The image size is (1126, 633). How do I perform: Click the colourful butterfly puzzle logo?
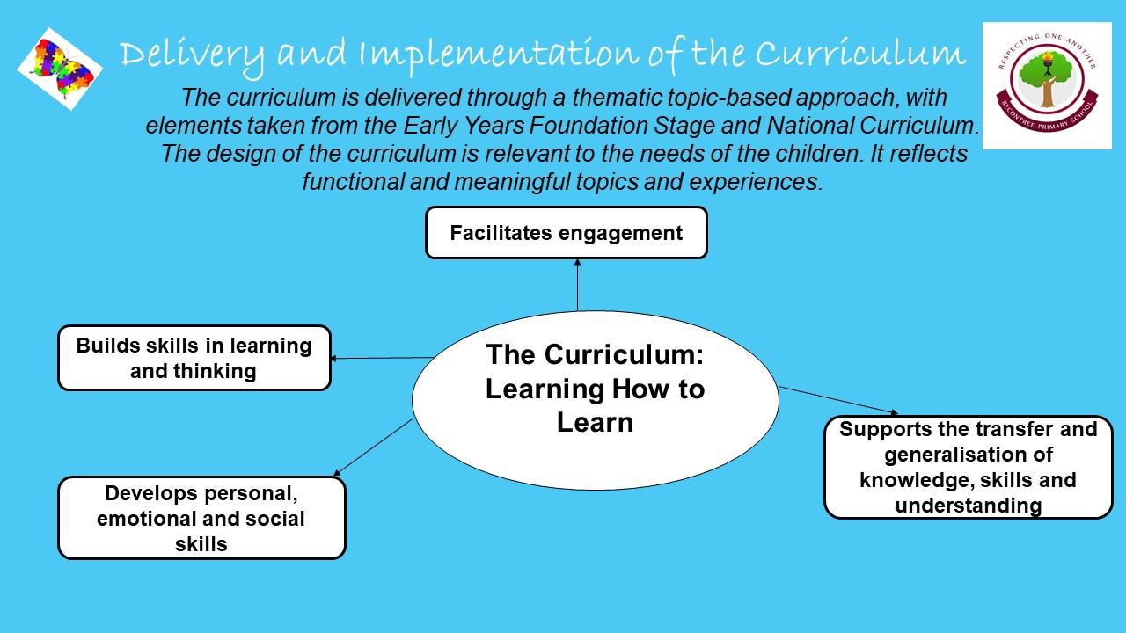pyautogui.click(x=60, y=69)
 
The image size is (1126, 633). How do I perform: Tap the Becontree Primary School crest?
pyautogui.click(x=1047, y=85)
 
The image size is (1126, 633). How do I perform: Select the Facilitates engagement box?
pyautogui.click(x=567, y=233)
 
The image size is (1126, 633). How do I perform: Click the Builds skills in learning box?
pyautogui.click(x=194, y=358)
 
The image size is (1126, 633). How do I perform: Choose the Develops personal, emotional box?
pyautogui.click(x=202, y=518)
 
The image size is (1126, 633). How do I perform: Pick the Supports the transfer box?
pyautogui.click(x=969, y=467)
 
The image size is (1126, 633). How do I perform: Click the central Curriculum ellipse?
pyautogui.click(x=596, y=400)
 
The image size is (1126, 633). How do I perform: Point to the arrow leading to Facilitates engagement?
pyautogui.click(x=578, y=285)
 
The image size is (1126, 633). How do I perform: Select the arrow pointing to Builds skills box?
pyautogui.click(x=382, y=358)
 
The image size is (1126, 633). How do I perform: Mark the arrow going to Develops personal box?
pyautogui.click(x=373, y=447)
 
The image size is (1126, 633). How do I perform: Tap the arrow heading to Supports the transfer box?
pyautogui.click(x=838, y=400)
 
